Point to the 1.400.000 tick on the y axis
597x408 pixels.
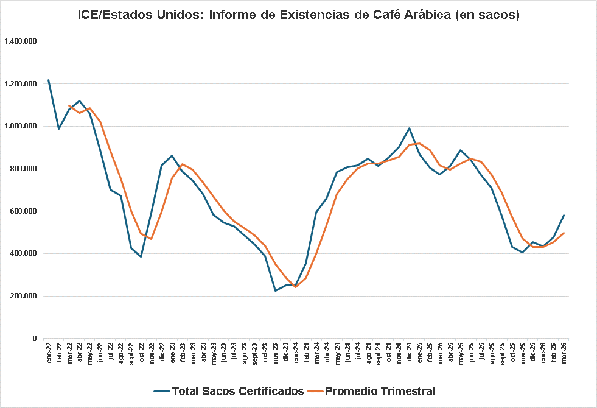point(21,41)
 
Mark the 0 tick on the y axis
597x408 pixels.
point(35,339)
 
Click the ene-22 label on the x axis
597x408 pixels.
point(49,353)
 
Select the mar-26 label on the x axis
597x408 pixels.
point(564,353)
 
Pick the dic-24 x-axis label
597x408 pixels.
point(409,353)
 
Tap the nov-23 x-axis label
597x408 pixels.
point(275,353)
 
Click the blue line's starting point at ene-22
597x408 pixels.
point(49,80)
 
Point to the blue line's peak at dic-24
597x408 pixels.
point(409,128)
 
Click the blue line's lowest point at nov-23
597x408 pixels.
point(275,290)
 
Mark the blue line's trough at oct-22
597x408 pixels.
point(141,256)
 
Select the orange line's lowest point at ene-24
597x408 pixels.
point(296,287)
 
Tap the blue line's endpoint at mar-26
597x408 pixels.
point(564,215)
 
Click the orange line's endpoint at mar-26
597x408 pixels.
point(564,233)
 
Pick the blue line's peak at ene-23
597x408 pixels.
point(172,155)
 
